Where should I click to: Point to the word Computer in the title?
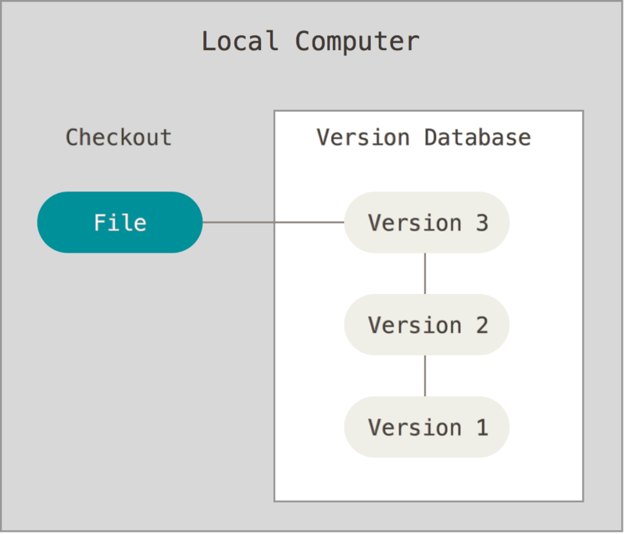click(x=357, y=41)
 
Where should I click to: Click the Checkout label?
click(x=119, y=138)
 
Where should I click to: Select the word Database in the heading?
click(x=477, y=138)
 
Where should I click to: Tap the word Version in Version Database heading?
click(x=364, y=138)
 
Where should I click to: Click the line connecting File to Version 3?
click(x=273, y=222)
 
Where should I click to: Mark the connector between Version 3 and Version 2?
click(x=425, y=274)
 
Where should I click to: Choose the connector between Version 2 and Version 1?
click(x=425, y=376)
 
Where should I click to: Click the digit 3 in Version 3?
click(x=481, y=223)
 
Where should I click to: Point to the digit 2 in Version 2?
click(x=481, y=325)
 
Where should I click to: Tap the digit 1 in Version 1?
click(x=481, y=428)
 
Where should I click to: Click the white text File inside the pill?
click(x=120, y=223)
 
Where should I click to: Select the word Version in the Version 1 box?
click(x=414, y=428)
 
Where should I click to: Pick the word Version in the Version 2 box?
click(x=414, y=325)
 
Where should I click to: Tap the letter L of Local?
click(x=209, y=41)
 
